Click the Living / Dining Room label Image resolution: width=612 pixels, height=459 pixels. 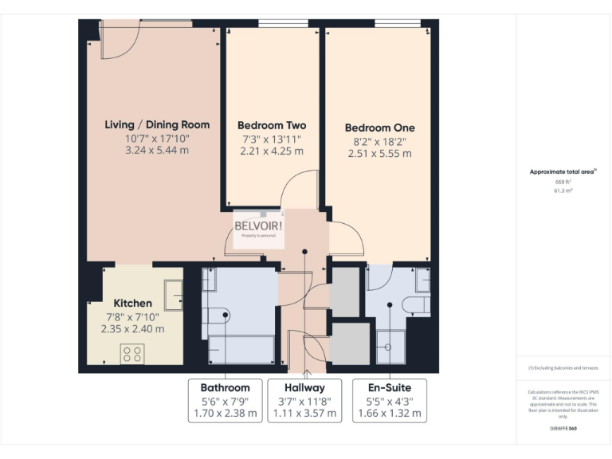click(157, 124)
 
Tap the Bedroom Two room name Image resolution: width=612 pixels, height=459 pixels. click(272, 125)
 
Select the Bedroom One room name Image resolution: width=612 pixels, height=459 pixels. click(379, 127)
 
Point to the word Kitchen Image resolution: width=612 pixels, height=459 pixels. click(132, 303)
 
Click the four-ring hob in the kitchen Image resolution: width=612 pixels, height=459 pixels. click(131, 353)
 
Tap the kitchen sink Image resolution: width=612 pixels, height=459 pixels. click(173, 295)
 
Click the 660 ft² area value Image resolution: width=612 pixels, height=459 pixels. click(563, 182)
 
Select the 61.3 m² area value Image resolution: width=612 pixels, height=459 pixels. click(563, 191)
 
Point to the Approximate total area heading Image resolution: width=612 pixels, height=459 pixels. click(563, 172)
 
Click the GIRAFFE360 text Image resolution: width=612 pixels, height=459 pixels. click(563, 428)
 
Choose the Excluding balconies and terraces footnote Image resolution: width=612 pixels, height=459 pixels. click(563, 368)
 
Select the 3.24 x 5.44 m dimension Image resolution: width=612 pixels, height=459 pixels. click(157, 151)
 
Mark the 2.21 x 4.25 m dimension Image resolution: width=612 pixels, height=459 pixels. click(272, 151)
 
